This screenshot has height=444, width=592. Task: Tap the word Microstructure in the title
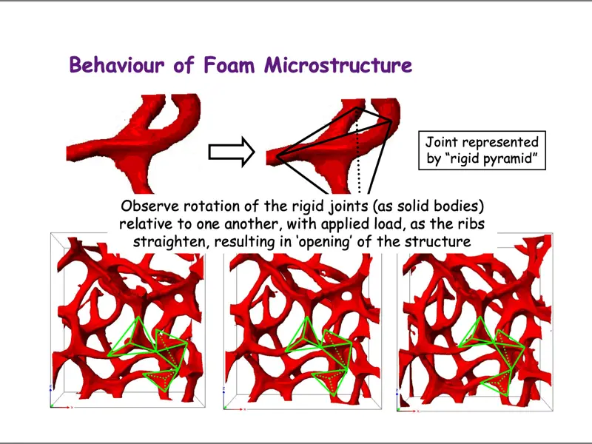coord(338,65)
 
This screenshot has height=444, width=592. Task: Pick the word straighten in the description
coord(167,241)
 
